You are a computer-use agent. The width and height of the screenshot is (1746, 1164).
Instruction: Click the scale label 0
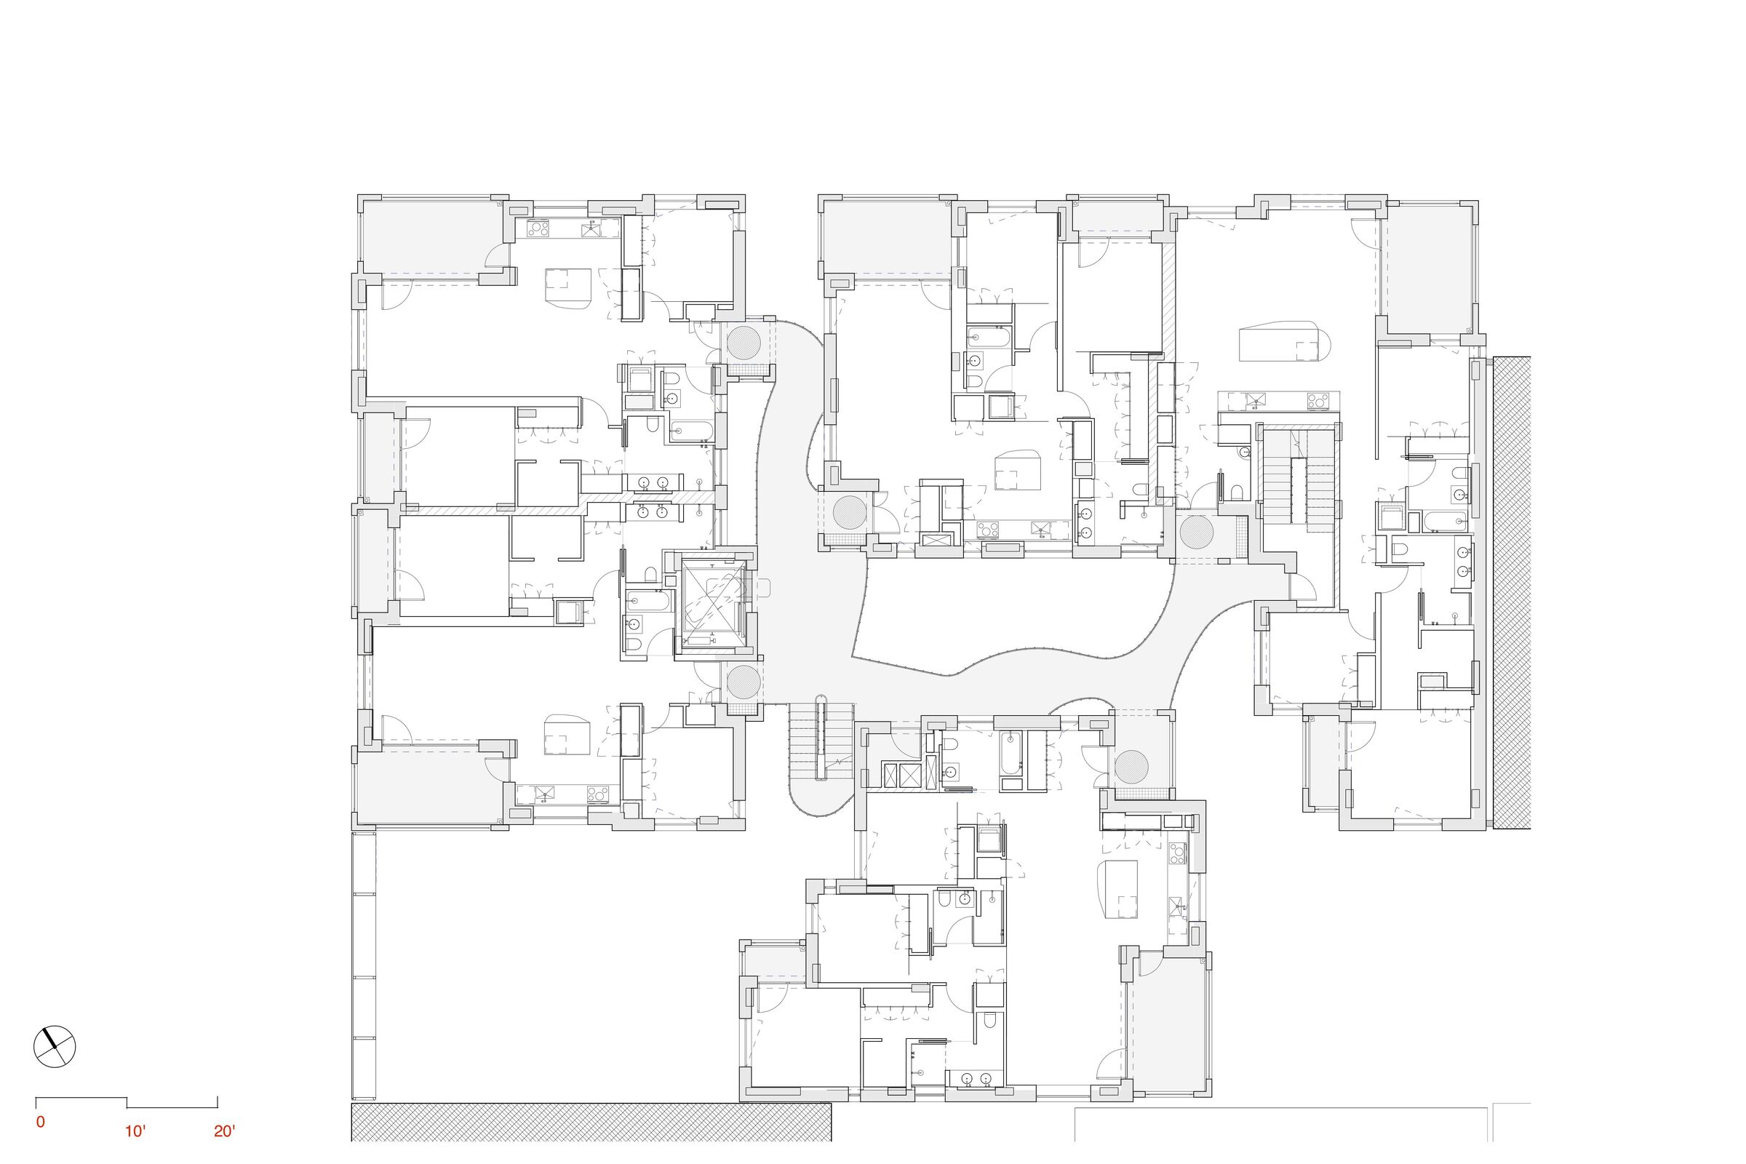40,1122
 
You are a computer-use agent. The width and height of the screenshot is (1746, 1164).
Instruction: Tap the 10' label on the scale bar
135,1131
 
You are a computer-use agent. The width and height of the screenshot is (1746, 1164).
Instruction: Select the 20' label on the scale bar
224,1131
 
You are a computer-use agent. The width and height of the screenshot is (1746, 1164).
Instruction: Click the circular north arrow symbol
55,1047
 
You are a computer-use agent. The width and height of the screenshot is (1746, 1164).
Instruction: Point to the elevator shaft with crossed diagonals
713,605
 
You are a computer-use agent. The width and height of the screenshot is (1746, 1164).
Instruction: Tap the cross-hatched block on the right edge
1512,592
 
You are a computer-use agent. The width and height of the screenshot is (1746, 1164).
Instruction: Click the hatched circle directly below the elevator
744,682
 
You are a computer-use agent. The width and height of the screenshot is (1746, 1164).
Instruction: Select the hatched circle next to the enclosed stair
1197,533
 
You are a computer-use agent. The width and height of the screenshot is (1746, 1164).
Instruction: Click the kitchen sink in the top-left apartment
595,228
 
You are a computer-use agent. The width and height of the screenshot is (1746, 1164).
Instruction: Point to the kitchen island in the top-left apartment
567,287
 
